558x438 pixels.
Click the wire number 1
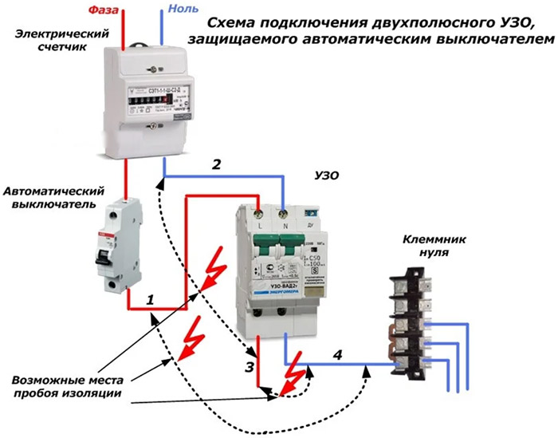point(150,301)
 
